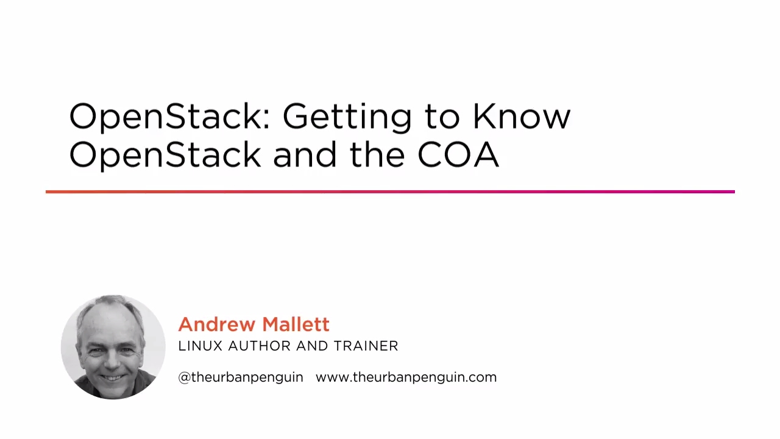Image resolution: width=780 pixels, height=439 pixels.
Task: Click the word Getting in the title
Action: click(347, 116)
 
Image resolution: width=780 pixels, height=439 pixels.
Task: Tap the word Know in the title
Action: click(521, 116)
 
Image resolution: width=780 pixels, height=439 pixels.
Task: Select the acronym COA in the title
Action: click(458, 154)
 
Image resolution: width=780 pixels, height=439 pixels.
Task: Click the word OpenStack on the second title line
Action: click(165, 155)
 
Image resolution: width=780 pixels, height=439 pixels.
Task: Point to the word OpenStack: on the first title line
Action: click(169, 116)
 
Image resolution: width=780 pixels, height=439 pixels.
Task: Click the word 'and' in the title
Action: click(305, 154)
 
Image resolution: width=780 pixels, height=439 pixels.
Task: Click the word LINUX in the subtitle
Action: click(200, 346)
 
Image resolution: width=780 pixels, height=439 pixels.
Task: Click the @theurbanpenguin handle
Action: click(240, 377)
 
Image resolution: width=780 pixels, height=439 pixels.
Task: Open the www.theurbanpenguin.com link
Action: click(406, 377)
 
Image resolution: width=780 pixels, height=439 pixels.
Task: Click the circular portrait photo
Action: click(113, 347)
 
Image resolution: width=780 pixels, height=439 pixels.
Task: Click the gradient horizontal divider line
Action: click(390, 192)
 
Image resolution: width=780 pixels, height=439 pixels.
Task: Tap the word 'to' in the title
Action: click(442, 116)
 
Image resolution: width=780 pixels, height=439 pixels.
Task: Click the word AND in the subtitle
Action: click(312, 346)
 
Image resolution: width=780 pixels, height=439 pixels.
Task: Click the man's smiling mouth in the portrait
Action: click(110, 376)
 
